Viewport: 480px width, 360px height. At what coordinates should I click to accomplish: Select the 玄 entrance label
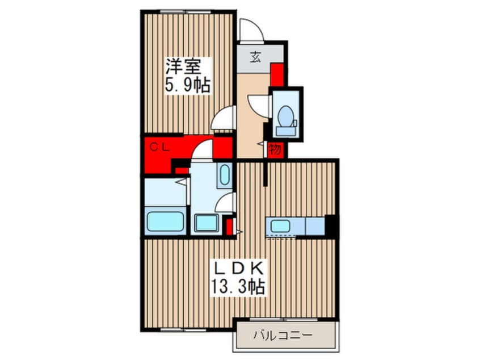pyautogui.click(x=255, y=58)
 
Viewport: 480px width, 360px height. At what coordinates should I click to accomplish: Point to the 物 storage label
pyautogui.click(x=276, y=150)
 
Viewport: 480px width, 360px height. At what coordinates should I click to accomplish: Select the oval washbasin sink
pyautogui.click(x=224, y=175)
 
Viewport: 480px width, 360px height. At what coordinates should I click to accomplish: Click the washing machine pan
pyautogui.click(x=206, y=223)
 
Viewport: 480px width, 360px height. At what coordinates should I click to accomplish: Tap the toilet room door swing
pyautogui.click(x=260, y=105)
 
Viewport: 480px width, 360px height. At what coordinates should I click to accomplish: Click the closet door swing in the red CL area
pyautogui.click(x=203, y=152)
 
